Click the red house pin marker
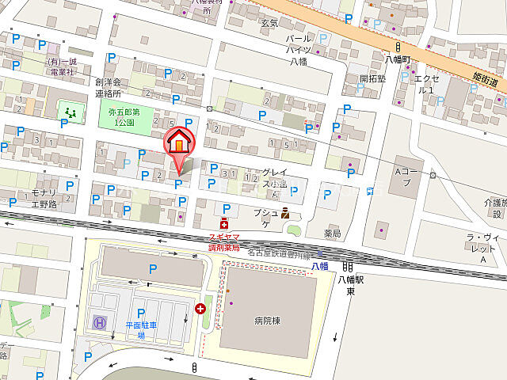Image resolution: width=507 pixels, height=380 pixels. (x=179, y=142)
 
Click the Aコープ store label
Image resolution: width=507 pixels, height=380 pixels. (x=406, y=176)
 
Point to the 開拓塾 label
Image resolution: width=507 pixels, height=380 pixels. (x=372, y=78)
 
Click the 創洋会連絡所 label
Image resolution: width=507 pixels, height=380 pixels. (x=108, y=87)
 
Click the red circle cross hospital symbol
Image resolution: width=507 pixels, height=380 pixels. (x=200, y=308)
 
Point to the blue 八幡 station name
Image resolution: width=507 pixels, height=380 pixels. (x=319, y=266)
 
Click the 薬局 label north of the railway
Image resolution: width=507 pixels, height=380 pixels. (x=332, y=234)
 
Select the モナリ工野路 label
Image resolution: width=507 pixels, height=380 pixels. (x=44, y=199)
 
